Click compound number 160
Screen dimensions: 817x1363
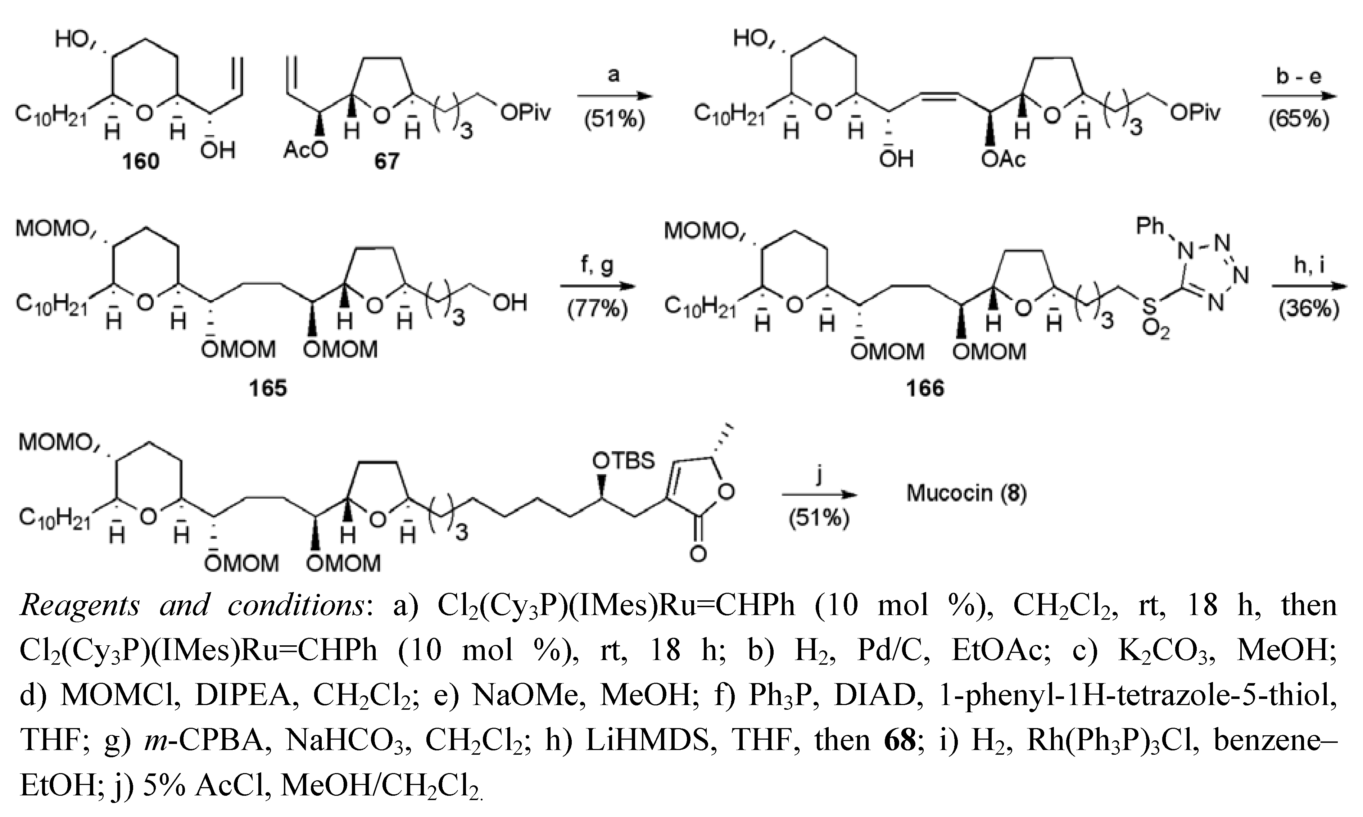(141, 161)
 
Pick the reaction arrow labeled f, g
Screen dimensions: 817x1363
(598, 286)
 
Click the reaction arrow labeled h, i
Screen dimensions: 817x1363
(1309, 286)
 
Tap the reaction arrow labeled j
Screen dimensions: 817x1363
(819, 495)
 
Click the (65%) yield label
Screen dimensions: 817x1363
(1299, 118)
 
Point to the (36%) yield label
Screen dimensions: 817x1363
(1309, 310)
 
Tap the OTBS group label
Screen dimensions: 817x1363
(624, 460)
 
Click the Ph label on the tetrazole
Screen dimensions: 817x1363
(1150, 226)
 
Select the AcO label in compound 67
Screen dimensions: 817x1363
(305, 150)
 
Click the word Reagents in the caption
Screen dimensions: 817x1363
(80, 606)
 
